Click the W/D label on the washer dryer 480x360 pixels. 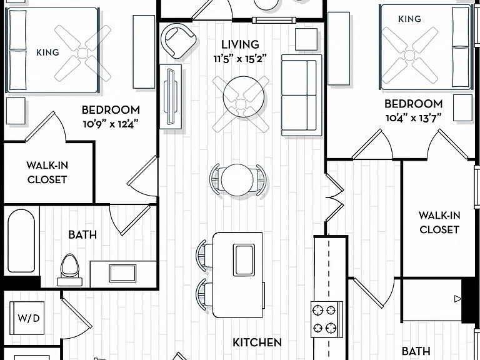coord(29,318)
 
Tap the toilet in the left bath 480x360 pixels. coord(70,270)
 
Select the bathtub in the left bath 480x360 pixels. coord(21,241)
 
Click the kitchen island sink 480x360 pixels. coord(244,260)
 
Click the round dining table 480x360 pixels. coord(237,180)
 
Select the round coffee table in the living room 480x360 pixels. coord(243,96)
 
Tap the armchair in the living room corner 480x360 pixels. coord(178,41)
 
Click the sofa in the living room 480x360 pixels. coord(301,95)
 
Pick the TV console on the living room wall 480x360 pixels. coord(171,96)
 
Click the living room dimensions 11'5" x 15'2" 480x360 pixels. coord(240,59)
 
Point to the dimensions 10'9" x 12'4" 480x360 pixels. coord(111,124)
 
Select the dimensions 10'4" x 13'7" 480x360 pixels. coord(413,118)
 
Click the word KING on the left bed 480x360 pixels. coord(47,52)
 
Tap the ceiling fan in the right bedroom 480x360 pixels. coord(409,55)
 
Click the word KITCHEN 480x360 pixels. coord(257,342)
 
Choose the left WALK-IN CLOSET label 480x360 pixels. coord(47,172)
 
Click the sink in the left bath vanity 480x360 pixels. coord(122,273)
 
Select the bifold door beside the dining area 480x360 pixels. coord(334,197)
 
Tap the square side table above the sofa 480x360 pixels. coord(306,39)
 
